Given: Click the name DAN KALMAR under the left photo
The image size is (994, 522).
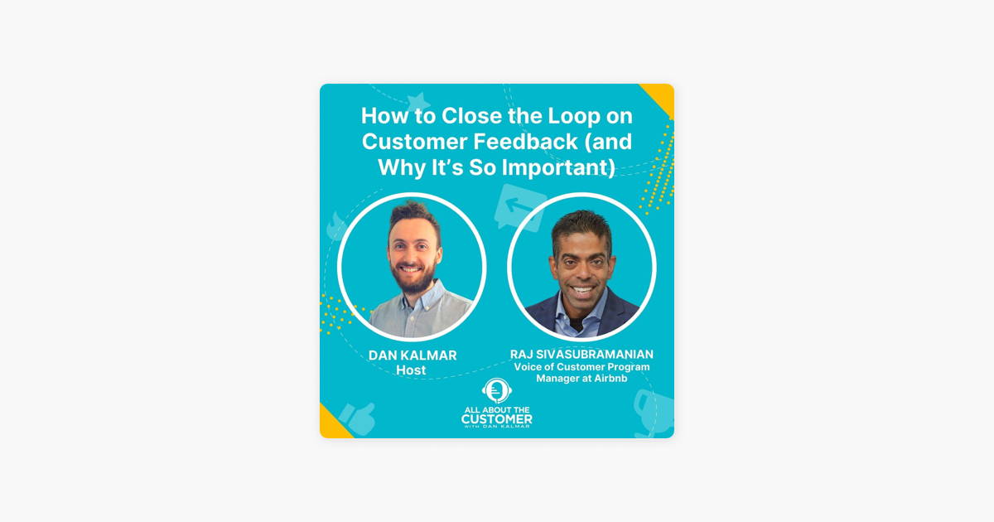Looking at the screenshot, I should point(413,355).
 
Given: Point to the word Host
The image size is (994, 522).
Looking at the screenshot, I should point(411,370).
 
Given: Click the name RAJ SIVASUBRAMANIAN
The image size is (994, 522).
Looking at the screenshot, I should point(581,355).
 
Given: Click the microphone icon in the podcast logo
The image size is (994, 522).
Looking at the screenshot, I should point(496,390).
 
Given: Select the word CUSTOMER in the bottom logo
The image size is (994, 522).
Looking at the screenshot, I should point(497,419).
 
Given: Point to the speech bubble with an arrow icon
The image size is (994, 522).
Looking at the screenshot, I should point(519,206).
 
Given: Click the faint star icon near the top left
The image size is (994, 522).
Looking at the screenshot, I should point(418,102).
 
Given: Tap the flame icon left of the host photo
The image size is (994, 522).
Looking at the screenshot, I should point(337,225).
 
